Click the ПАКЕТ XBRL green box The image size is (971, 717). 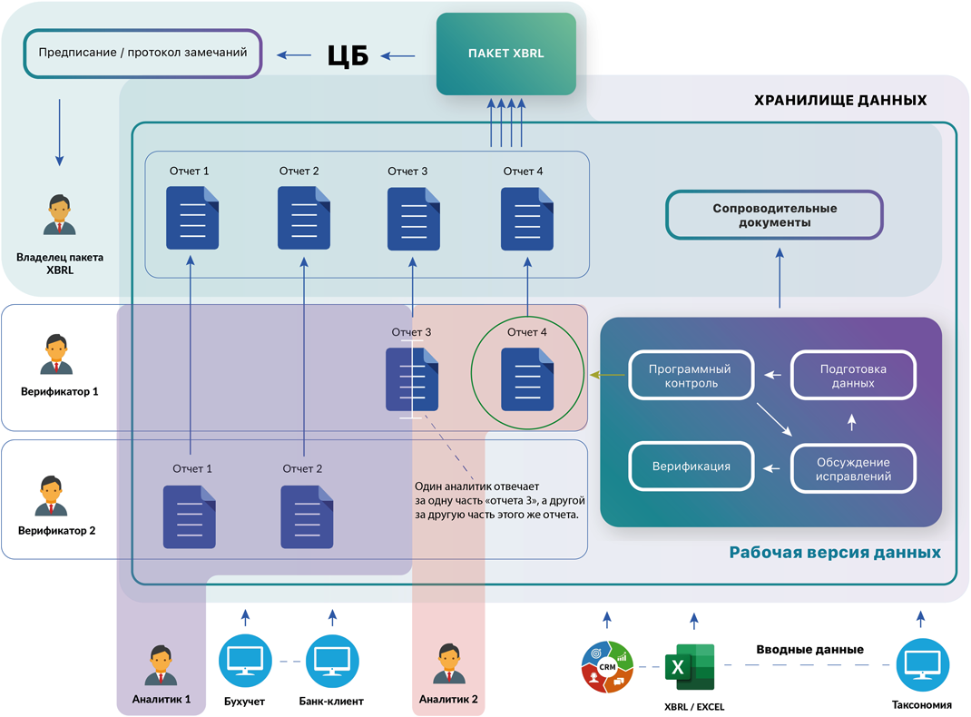pyautogui.click(x=506, y=54)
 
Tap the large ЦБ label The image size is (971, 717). pyautogui.click(x=348, y=55)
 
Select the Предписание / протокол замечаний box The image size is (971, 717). pyautogui.click(x=143, y=54)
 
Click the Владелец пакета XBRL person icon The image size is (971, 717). pyautogui.click(x=60, y=215)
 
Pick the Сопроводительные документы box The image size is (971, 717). pyautogui.click(x=774, y=215)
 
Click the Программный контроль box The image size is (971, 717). pyautogui.click(x=691, y=375)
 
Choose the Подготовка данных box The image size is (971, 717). pyautogui.click(x=853, y=375)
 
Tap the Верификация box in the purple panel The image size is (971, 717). pyautogui.click(x=691, y=467)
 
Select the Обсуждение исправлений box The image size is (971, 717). pyautogui.click(x=853, y=468)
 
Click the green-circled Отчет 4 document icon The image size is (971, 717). pyautogui.click(x=527, y=379)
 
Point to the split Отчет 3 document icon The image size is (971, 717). pyautogui.click(x=412, y=379)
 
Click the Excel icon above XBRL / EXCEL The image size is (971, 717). pyautogui.click(x=690, y=667)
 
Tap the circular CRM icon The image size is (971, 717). pyautogui.click(x=607, y=667)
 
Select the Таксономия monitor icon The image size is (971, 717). pyautogui.click(x=922, y=665)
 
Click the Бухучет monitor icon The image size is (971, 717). pyautogui.click(x=245, y=662)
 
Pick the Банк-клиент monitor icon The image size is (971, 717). pyautogui.click(x=332, y=662)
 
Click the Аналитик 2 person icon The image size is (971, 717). pyautogui.click(x=449, y=663)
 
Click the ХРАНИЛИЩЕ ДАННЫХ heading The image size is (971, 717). pyautogui.click(x=840, y=101)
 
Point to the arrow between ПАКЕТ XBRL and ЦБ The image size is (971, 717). pyautogui.click(x=397, y=55)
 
